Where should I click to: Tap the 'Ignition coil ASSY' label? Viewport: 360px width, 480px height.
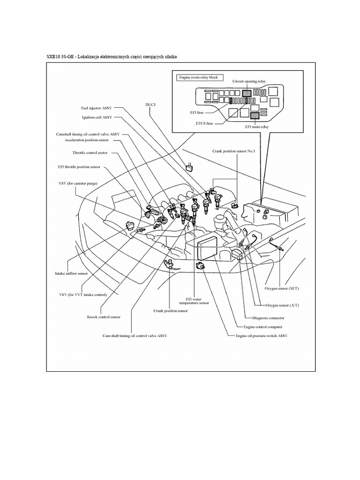[97, 117]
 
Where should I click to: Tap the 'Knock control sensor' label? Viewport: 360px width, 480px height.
[104, 317]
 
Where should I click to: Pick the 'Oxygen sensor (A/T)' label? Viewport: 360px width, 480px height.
[282, 305]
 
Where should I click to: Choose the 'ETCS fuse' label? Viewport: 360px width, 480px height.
[204, 123]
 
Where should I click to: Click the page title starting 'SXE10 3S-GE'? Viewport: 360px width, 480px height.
[112, 57]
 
